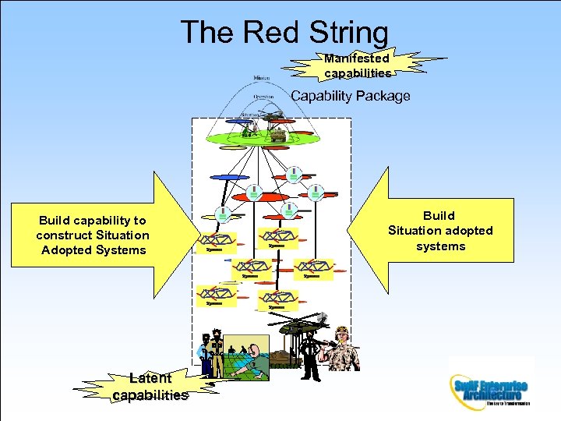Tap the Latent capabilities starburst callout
[150, 387]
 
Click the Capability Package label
[350, 96]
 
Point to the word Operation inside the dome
[263, 97]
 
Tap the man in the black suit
[310, 356]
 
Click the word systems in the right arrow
[441, 246]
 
